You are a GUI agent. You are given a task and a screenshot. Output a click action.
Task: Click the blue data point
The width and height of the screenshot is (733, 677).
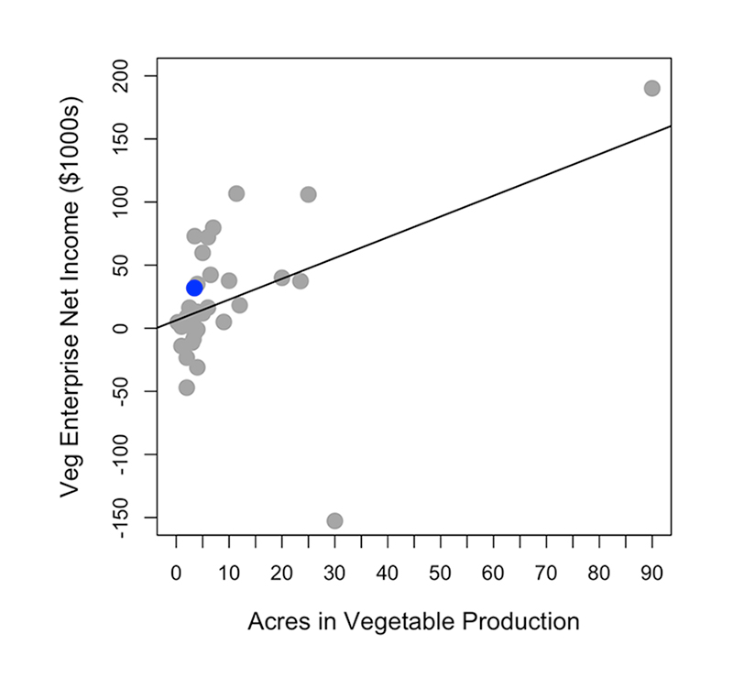[x=194, y=288]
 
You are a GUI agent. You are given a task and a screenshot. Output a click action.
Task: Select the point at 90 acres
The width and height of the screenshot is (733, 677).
[x=651, y=88]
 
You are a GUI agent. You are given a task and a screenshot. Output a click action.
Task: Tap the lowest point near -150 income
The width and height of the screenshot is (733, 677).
[x=334, y=520]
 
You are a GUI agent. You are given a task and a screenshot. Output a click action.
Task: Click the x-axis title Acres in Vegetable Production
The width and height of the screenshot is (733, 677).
[x=413, y=621]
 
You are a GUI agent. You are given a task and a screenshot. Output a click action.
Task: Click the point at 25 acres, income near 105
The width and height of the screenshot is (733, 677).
[x=308, y=194]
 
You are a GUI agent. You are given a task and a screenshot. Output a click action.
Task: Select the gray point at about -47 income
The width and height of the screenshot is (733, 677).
[x=187, y=388]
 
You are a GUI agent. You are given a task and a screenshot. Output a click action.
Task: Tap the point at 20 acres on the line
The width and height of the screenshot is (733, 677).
[x=281, y=278]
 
